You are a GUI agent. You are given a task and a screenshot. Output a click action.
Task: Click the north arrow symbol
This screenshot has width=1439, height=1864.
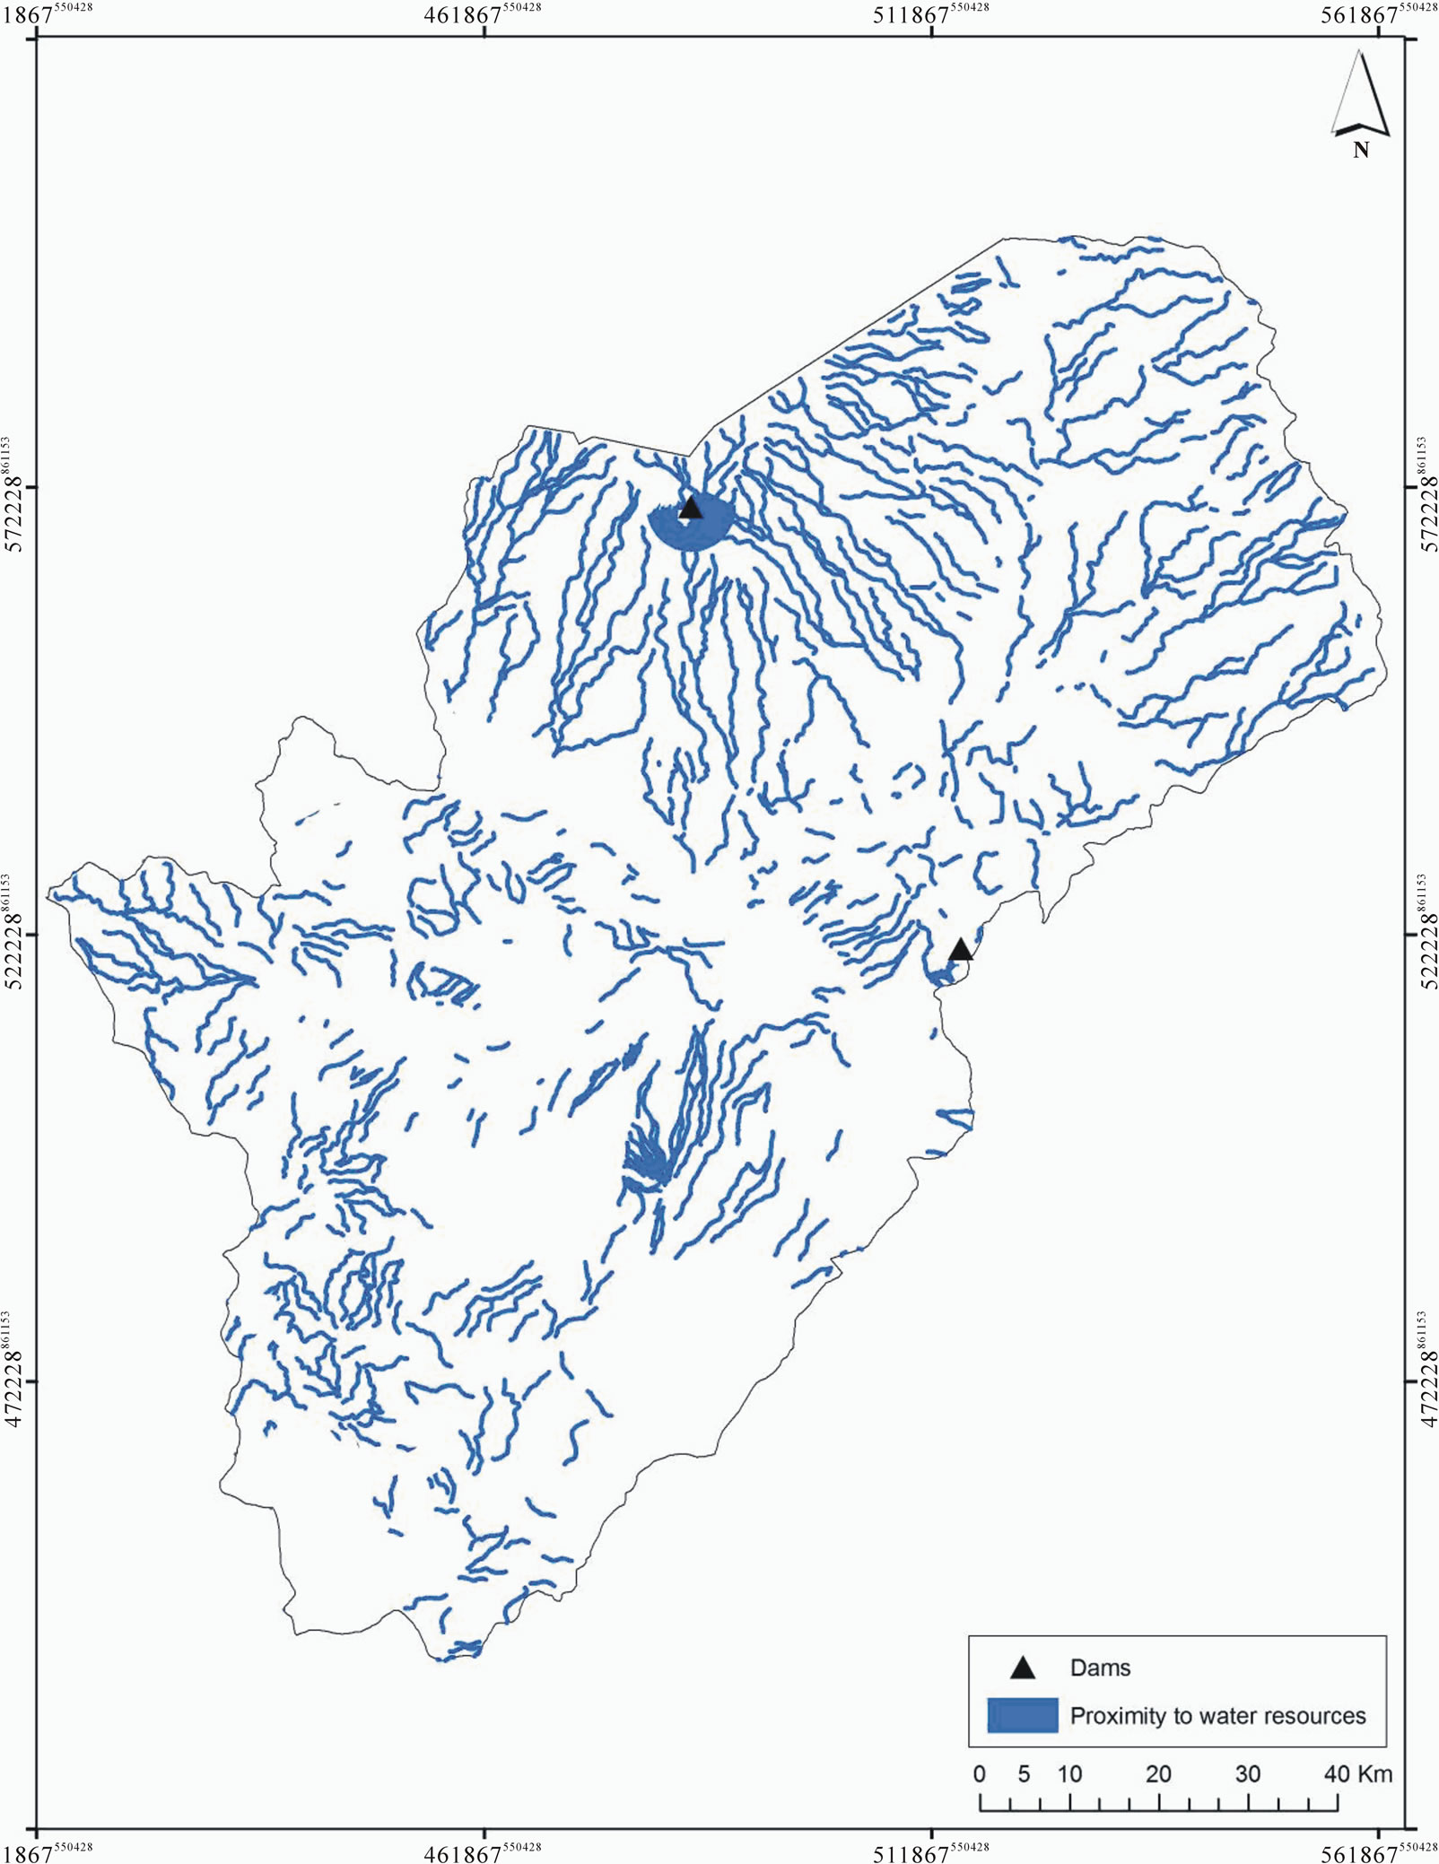tap(1361, 94)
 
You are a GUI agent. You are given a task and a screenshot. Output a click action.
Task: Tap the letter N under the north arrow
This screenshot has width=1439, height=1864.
tap(1361, 150)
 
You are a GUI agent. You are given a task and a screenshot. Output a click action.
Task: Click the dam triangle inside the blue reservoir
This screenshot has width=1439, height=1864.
tap(690, 508)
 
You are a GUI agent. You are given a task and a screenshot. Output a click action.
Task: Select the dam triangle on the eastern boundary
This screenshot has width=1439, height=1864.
tap(961, 950)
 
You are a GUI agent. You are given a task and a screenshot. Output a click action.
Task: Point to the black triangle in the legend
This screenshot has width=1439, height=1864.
tap(1023, 1668)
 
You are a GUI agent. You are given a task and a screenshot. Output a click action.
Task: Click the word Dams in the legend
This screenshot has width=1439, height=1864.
tap(1100, 1668)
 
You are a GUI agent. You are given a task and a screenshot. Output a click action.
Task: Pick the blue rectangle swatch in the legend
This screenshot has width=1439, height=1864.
tap(1023, 1715)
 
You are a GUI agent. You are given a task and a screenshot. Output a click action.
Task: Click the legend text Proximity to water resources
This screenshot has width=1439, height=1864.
tap(1217, 1716)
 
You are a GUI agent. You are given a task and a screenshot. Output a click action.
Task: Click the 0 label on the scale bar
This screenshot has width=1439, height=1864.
tap(979, 1773)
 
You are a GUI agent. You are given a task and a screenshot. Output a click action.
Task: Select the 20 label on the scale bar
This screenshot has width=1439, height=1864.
tap(1158, 1773)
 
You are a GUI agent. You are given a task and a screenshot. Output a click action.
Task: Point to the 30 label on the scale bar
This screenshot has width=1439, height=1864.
tap(1248, 1773)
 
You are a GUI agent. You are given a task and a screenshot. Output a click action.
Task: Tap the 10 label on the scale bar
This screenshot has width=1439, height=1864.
tap(1068, 1773)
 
